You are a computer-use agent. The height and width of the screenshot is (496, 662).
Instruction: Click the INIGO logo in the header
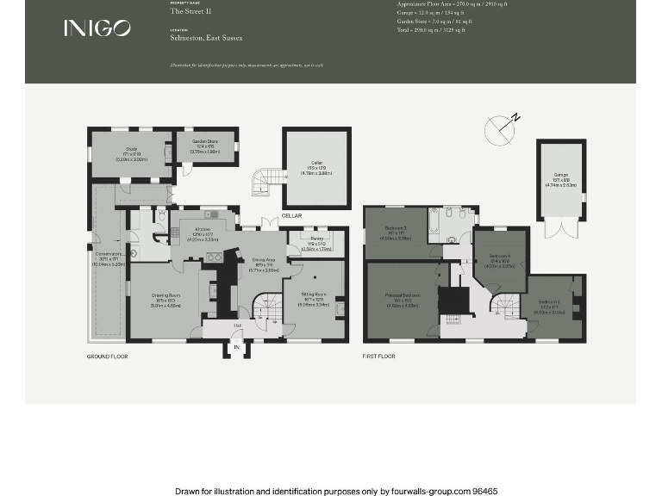pyautogui.click(x=97, y=28)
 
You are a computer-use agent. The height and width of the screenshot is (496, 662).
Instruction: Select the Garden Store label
pyautogui.click(x=203, y=148)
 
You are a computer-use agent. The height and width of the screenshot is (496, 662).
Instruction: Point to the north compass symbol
pyautogui.click(x=500, y=130)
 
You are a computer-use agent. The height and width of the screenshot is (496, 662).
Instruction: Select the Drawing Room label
pyautogui.click(x=163, y=301)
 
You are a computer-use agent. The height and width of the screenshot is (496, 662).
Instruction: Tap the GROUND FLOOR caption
pyautogui.click(x=108, y=356)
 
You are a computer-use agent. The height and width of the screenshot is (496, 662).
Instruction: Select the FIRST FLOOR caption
pyautogui.click(x=379, y=356)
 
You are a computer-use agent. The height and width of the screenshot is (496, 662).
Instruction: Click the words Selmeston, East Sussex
pyautogui.click(x=206, y=38)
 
